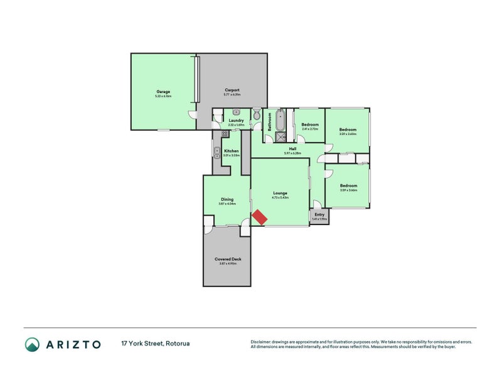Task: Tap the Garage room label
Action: tap(163, 92)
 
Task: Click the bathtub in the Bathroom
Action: tap(280, 119)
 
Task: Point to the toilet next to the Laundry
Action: tap(256, 114)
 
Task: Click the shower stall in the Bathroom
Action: tap(280, 136)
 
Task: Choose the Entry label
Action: tap(319, 214)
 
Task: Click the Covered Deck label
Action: tap(227, 259)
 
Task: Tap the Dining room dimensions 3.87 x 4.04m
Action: tap(227, 204)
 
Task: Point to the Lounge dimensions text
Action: tap(280, 197)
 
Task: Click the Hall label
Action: tap(292, 149)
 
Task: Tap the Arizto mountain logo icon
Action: tap(32, 344)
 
